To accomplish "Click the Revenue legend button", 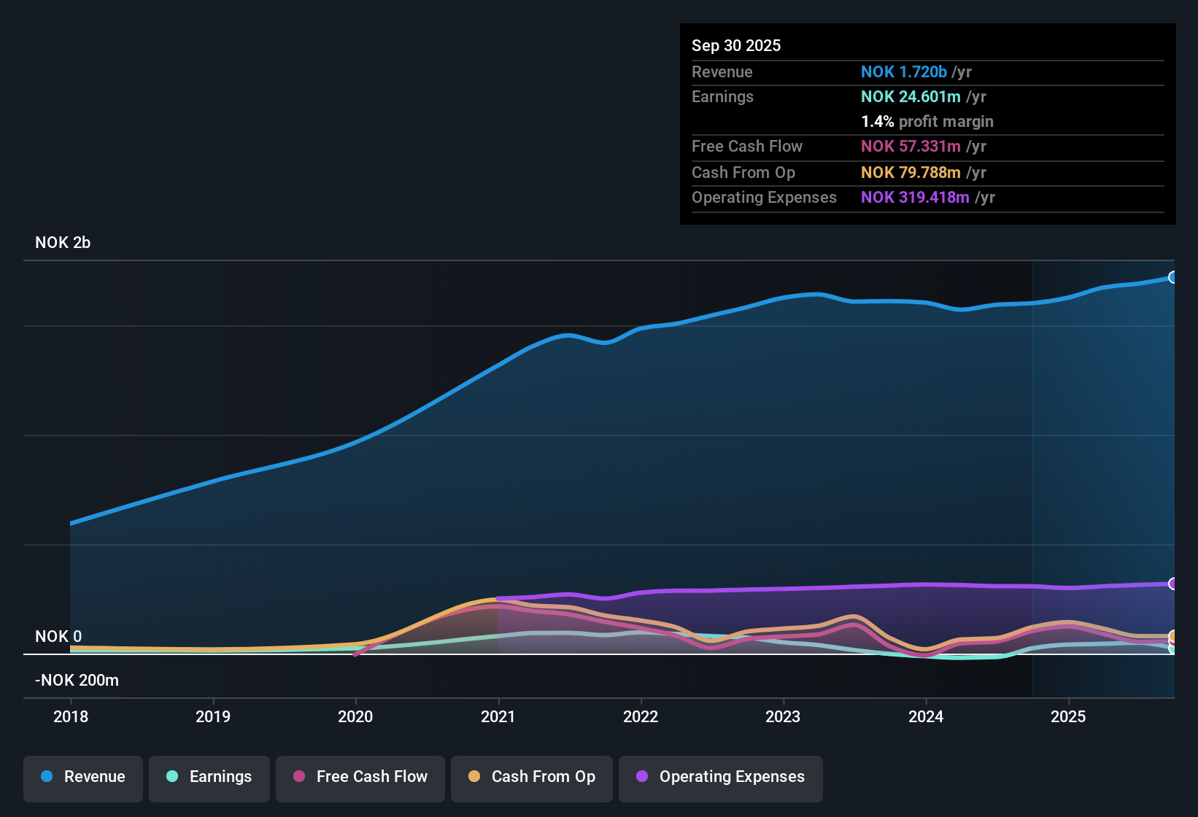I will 83,777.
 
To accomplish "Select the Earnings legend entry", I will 209,777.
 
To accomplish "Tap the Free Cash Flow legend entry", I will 360,777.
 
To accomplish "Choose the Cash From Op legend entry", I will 532,777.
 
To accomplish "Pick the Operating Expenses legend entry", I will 721,777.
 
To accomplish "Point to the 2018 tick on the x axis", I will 71,716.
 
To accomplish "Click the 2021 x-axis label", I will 498,716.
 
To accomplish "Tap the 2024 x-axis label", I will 926,716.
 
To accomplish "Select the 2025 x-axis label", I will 1068,716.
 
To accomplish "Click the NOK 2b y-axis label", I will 63,243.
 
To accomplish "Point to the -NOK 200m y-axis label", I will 77,681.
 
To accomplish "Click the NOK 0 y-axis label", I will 58,637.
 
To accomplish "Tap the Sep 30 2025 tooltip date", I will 736,46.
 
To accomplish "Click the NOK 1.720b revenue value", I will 903,72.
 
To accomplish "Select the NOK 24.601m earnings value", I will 911,97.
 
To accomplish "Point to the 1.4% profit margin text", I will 927,122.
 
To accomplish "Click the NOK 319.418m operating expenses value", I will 915,198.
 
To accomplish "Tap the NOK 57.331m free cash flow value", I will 911,147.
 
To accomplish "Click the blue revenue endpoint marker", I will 1172,277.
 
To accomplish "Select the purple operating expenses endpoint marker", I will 1172,584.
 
